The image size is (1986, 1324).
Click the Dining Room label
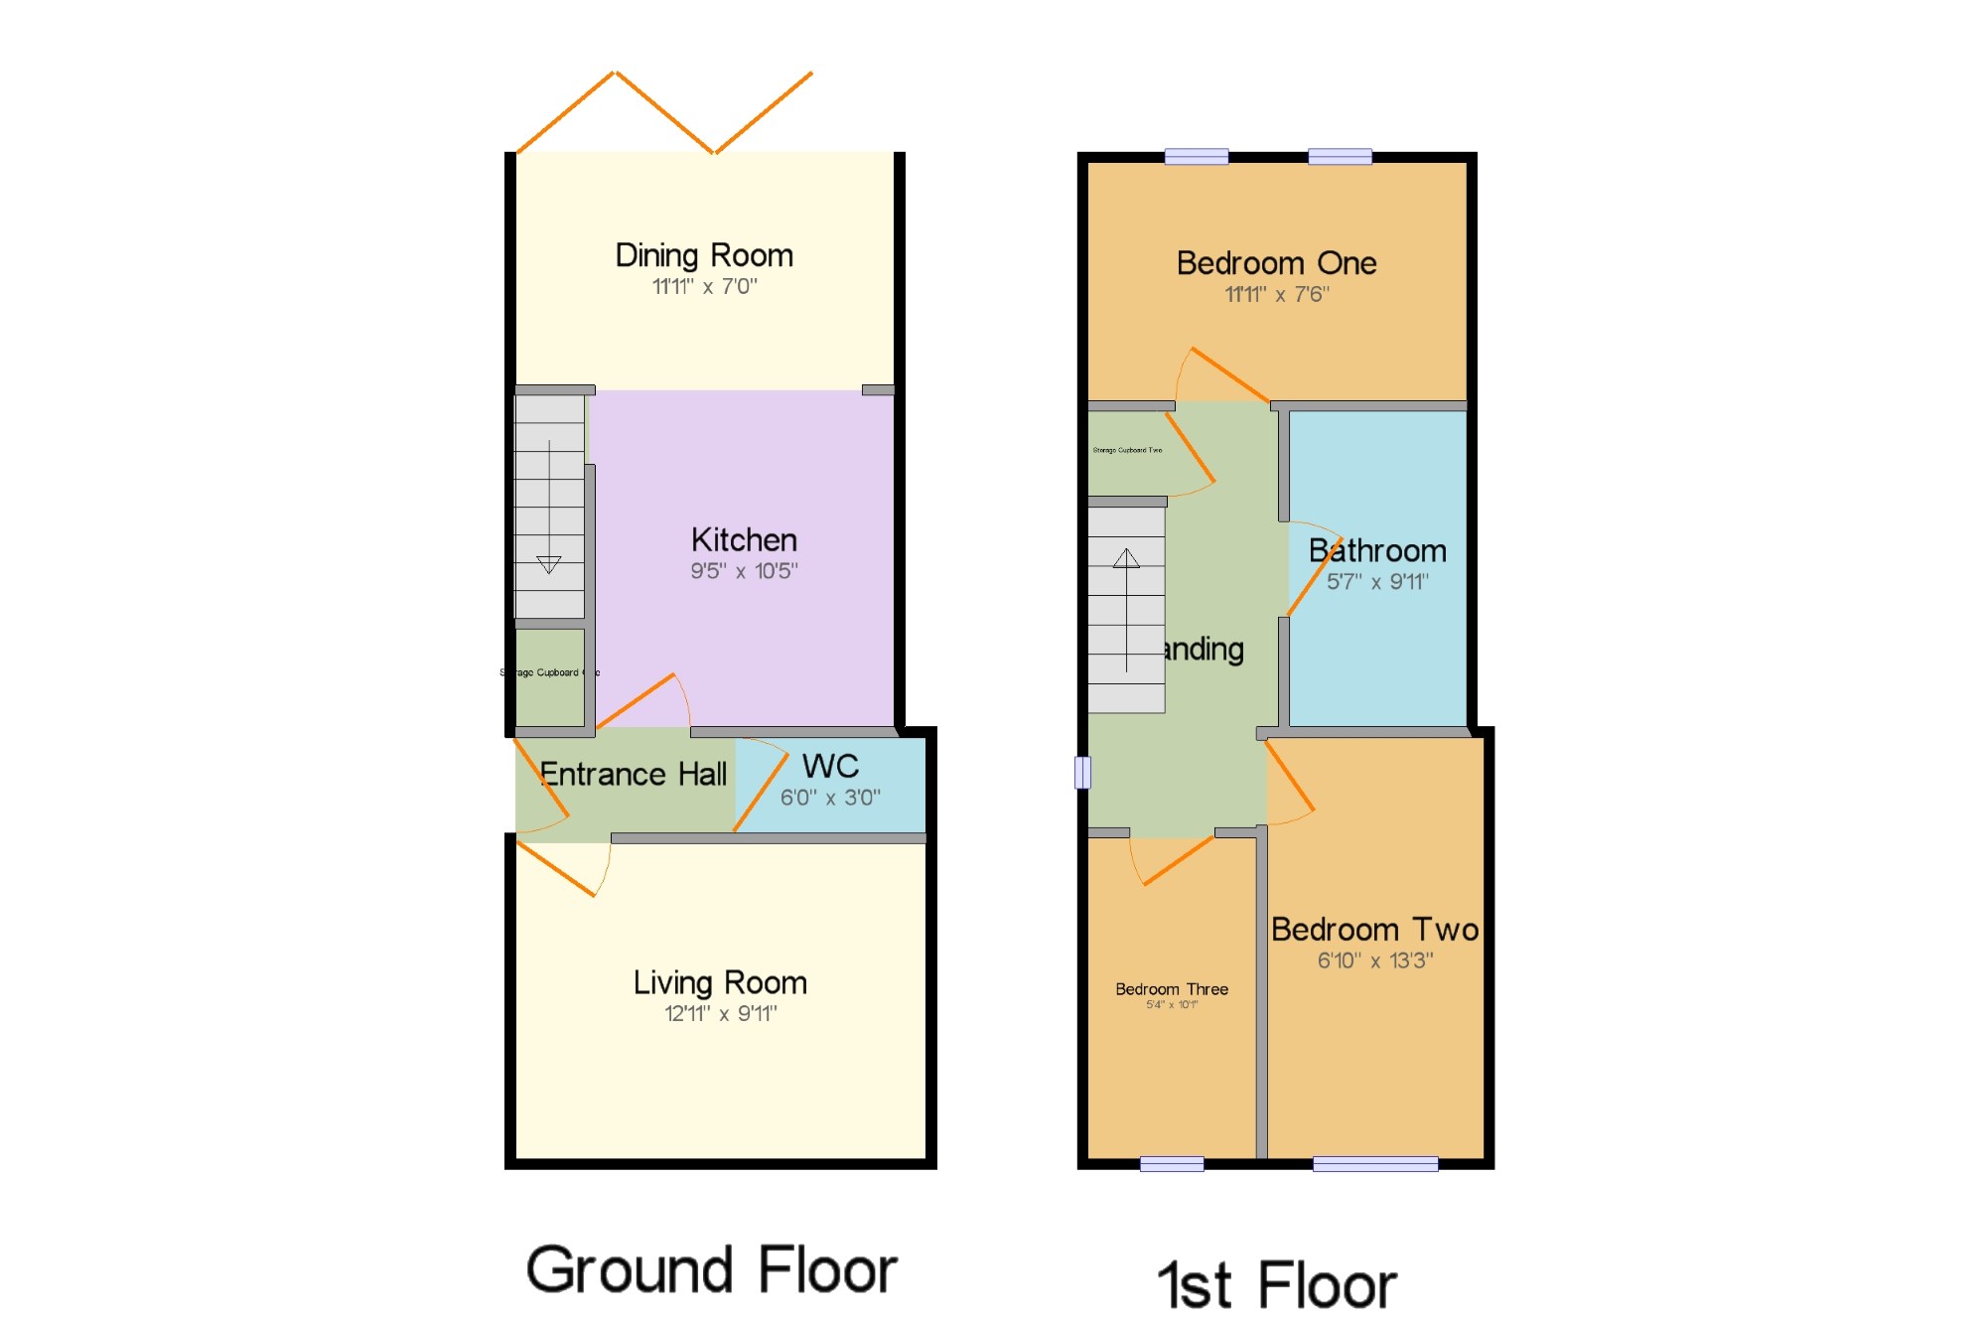[704, 255]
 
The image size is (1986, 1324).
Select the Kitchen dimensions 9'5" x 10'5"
[744, 571]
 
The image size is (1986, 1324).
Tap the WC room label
[830, 766]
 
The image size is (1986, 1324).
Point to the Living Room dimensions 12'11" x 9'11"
[720, 1013]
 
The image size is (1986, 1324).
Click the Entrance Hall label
[633, 774]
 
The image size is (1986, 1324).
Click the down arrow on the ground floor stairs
[548, 564]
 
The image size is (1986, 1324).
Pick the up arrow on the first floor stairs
[1126, 558]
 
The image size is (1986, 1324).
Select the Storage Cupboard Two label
[1127, 450]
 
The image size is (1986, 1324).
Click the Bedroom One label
[1276, 263]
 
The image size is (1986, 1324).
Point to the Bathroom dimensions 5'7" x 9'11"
[1377, 582]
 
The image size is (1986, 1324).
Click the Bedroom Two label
[1374, 930]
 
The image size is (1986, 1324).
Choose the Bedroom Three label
[1172, 989]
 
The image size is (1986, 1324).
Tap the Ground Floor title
[711, 1270]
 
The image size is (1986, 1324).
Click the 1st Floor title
[1277, 1285]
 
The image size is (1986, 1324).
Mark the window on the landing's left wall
[1082, 773]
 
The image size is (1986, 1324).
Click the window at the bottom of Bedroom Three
[1172, 1164]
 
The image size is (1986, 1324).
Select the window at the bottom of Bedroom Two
[1375, 1164]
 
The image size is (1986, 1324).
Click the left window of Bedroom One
[1196, 156]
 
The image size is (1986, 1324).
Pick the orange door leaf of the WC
[762, 794]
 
